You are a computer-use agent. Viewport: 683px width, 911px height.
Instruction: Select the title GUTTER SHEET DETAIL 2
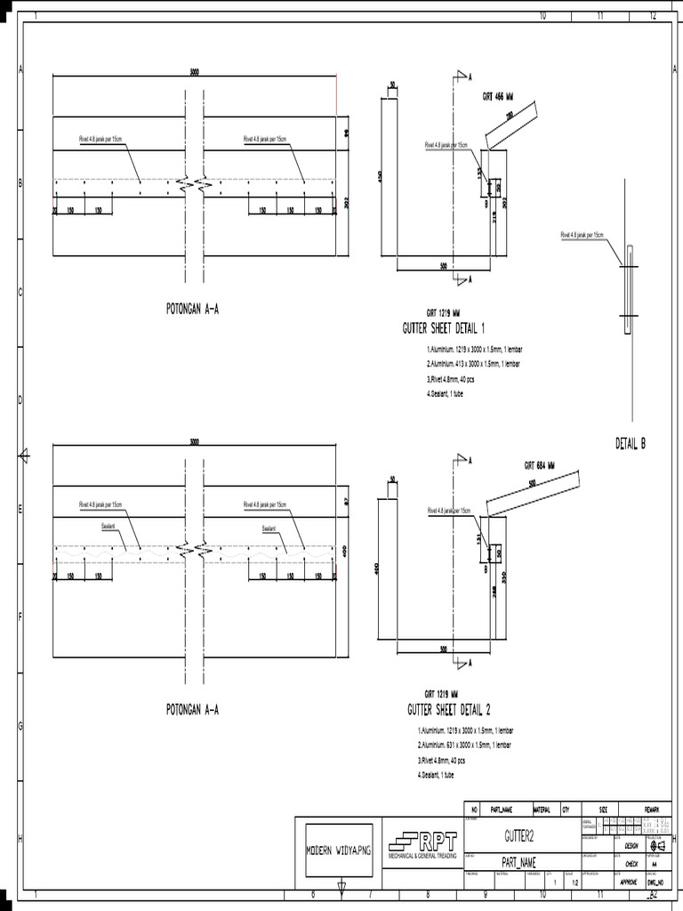coord(449,710)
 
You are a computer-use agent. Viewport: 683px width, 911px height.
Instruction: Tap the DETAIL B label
coord(631,443)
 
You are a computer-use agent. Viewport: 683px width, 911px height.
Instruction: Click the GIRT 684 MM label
coord(539,465)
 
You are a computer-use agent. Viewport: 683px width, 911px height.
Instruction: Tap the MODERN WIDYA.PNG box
coord(339,851)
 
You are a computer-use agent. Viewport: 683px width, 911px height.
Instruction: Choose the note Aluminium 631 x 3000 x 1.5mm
coord(465,744)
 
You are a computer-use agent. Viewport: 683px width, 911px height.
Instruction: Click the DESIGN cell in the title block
coord(631,846)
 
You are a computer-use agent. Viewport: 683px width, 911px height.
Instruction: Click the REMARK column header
coord(652,810)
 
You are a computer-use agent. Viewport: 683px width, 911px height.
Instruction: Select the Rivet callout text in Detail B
coord(582,235)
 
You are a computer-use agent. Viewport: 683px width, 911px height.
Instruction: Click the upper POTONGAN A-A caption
coord(192,310)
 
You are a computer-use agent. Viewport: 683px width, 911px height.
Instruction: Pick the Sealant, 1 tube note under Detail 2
coord(436,775)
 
